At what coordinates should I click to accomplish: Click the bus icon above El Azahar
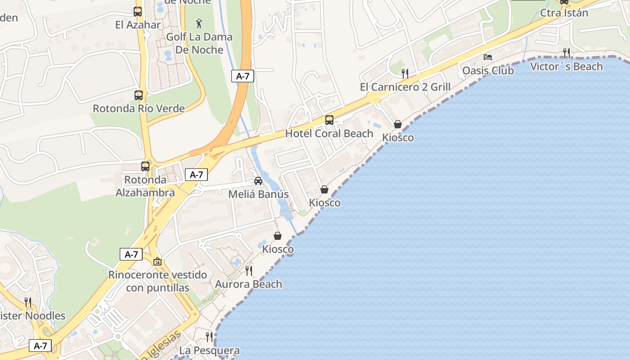tap(138, 12)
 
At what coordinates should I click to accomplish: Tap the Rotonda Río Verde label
tap(139, 108)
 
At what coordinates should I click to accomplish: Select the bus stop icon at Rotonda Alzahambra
tap(145, 166)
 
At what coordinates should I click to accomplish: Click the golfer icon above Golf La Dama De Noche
tap(199, 23)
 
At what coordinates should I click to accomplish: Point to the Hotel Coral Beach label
tap(329, 134)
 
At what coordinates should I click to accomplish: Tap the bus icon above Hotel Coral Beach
tap(329, 120)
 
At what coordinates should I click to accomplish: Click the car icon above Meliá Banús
tap(258, 181)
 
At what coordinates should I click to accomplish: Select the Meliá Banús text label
tap(258, 194)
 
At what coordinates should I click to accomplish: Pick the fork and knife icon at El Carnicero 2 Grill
tap(405, 73)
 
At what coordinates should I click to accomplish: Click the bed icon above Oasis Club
tap(488, 57)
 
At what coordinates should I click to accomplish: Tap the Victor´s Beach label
tap(567, 67)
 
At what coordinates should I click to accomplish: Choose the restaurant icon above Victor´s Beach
tap(567, 53)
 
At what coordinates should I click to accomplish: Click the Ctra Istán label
tap(564, 13)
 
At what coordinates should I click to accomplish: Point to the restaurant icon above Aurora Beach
tap(248, 270)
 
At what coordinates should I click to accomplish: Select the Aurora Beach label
tap(248, 284)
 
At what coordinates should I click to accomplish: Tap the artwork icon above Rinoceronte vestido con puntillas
tap(157, 261)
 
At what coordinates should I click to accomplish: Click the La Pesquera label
tap(209, 350)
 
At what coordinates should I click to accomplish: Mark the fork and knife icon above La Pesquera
tap(209, 337)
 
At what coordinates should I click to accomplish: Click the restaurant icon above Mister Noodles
tap(28, 302)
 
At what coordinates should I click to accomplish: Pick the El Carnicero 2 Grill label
tap(405, 87)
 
